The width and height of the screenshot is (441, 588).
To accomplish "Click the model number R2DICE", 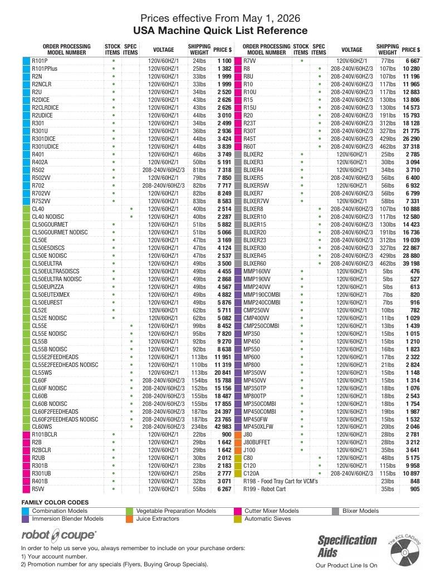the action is coord(41,100).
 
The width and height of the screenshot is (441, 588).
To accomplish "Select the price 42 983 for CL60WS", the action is coord(223,427).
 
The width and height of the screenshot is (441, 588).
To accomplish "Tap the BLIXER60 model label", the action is coord(254,263).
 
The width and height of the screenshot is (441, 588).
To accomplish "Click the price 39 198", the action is coord(411,263).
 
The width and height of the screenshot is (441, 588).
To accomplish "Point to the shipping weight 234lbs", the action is coord(199,427).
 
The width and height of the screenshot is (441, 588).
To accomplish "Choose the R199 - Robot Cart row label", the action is coord(264,489).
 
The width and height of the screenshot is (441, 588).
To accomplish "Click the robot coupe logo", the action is coord(59,535).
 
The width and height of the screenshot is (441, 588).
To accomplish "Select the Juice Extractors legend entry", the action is coord(158,518).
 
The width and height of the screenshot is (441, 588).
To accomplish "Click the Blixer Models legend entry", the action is coord(360,511).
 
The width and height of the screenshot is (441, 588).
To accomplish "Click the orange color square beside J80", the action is coord(237,435).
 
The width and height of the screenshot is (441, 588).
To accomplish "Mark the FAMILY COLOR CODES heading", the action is coord(55,502).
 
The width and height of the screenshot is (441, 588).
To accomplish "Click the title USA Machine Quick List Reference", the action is coord(220,31).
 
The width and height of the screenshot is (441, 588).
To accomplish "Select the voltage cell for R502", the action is coord(164,170).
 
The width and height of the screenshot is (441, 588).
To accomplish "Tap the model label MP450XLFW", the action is coord(258,427).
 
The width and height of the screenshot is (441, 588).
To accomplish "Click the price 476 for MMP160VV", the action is coord(415,272).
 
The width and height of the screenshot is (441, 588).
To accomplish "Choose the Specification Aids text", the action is coord(347,546).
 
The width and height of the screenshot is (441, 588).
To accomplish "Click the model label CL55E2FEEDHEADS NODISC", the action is coord(65,365).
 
